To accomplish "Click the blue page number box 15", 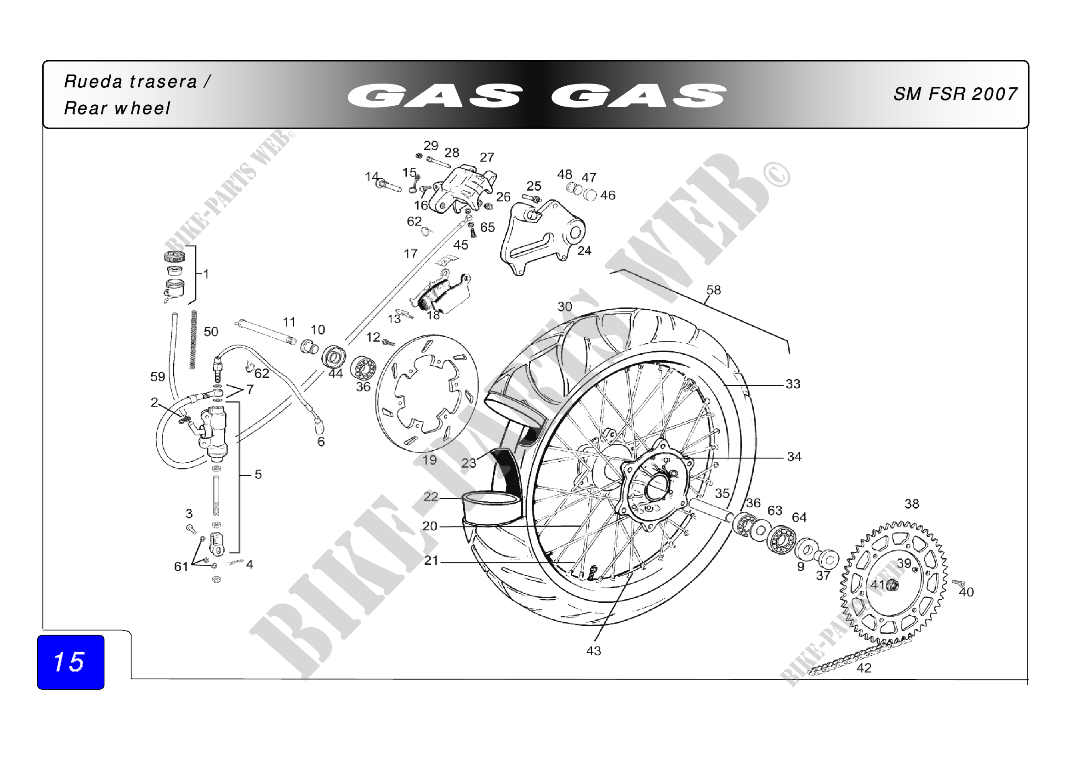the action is [71, 662].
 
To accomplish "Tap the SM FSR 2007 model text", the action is [955, 94].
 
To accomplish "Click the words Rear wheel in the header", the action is [117, 108].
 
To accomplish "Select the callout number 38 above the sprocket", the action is [911, 504].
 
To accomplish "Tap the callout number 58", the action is [713, 290].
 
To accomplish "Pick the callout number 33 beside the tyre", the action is [793, 384].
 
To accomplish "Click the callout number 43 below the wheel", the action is [594, 651].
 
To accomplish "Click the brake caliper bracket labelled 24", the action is [542, 237].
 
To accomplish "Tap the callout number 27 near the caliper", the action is [487, 157].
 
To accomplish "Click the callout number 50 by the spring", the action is [210, 332].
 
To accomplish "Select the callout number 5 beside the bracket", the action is [258, 475].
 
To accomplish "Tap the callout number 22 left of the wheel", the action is [430, 497].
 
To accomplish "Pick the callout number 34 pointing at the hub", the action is [794, 456].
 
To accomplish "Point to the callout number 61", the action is [181, 567].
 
